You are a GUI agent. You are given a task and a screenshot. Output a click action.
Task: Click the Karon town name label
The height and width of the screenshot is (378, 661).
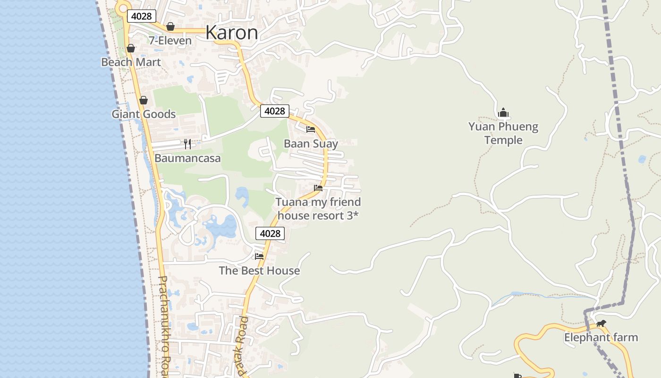pos(232,33)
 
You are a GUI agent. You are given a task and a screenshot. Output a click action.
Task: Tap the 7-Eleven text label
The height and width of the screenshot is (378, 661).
pos(170,41)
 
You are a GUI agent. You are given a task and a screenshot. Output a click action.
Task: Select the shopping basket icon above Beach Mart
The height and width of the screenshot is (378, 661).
pos(131,48)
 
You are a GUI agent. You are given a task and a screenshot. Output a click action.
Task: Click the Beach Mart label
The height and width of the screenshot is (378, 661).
pos(131,62)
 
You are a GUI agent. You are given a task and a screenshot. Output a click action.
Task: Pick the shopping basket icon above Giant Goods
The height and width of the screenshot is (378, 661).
pos(144,100)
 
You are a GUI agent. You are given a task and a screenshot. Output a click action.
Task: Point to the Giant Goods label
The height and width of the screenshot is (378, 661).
pos(144,114)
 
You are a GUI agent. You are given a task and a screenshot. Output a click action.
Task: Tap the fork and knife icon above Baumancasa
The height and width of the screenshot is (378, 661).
pos(187,144)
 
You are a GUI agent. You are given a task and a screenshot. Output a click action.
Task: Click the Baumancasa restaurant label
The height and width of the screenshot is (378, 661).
pos(187,158)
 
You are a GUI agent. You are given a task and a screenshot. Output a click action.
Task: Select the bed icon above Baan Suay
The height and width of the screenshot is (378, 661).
pos(311,129)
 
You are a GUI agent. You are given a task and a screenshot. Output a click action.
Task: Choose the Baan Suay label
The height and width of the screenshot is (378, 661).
pos(311,143)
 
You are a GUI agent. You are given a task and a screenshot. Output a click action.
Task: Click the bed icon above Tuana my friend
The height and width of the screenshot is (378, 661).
pos(318,188)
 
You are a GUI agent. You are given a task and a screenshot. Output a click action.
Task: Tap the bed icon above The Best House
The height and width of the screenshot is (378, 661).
pos(259,257)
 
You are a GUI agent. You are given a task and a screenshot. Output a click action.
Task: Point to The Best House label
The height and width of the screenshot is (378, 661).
pos(259,270)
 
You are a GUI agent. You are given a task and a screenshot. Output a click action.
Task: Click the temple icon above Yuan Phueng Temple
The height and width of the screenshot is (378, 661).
pos(503,113)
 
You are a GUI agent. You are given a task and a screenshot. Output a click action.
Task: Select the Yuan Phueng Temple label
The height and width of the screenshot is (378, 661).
pos(503,133)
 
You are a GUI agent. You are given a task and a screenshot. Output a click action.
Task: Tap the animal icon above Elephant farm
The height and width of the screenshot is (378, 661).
pos(601,324)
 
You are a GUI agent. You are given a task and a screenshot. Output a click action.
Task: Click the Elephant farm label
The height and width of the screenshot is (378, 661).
pos(601,337)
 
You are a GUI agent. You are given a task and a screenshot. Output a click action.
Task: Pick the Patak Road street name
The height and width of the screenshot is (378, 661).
pos(243,346)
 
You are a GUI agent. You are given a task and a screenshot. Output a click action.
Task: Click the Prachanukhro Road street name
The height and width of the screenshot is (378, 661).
pos(163,326)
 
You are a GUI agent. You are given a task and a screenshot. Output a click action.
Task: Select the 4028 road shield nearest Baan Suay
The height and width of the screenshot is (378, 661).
pos(274,111)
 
